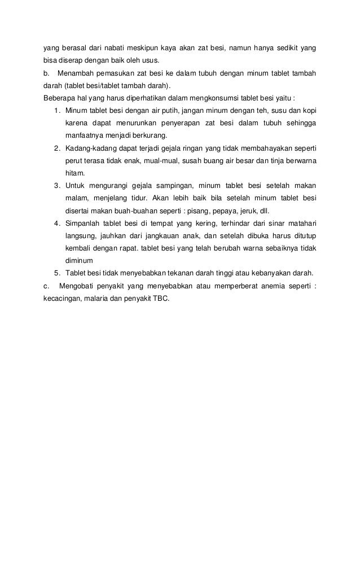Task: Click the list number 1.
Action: click(57, 110)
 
